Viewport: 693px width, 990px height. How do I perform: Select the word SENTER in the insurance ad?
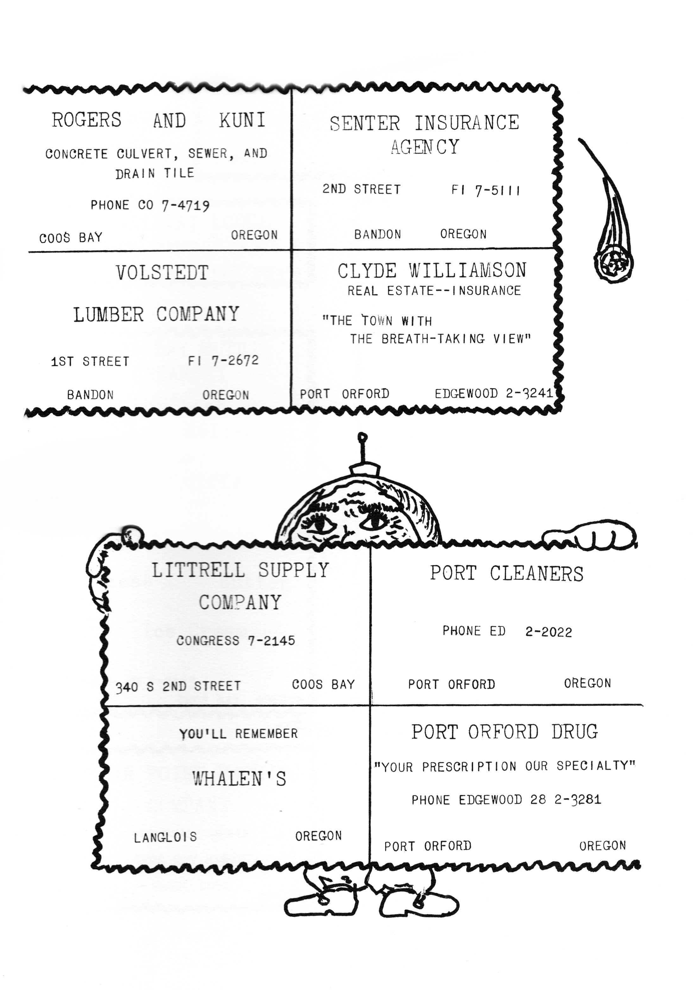(x=365, y=123)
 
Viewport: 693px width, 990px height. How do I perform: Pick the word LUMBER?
(x=109, y=314)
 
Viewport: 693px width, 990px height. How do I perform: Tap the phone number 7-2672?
(x=235, y=360)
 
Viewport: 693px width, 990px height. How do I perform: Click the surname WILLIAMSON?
(x=468, y=270)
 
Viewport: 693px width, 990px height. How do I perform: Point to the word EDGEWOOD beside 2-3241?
(x=466, y=394)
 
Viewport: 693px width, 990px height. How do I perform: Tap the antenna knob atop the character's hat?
(x=363, y=436)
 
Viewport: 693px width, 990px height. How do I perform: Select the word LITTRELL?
(x=198, y=570)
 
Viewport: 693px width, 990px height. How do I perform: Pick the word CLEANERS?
(x=537, y=574)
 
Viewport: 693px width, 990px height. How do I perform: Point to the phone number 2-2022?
(x=549, y=632)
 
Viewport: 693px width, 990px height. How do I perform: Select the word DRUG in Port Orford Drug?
(x=575, y=732)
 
